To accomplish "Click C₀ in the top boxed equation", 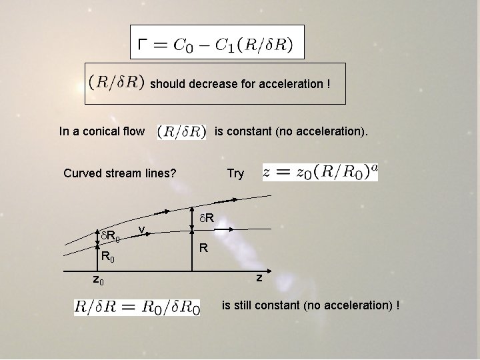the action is coord(181,45).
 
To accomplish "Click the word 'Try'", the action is coord(235,173).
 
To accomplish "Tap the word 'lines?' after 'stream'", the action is coord(161,173).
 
